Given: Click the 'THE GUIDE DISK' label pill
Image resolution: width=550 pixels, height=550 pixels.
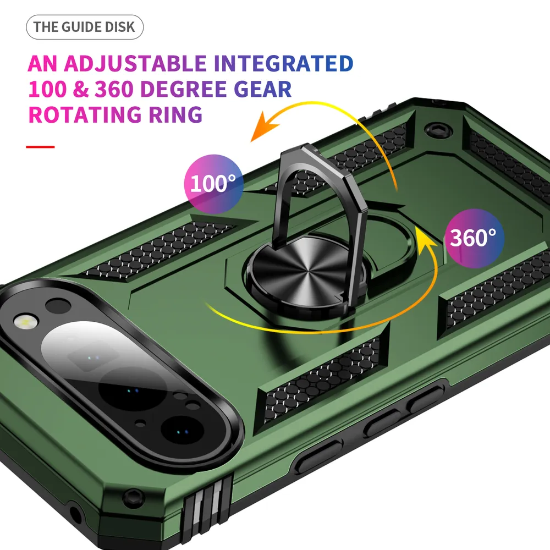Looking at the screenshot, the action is click(85, 27).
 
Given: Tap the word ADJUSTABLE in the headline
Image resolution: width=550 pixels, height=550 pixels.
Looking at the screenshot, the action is click(135, 63).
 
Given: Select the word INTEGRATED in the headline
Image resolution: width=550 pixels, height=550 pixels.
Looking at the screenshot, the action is click(283, 63).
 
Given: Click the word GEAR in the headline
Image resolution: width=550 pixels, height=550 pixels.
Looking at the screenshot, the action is click(262, 89).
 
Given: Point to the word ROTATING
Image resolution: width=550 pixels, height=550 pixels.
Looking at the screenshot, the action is click(85, 114).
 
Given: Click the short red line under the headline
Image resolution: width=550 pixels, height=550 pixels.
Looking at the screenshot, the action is click(40, 147).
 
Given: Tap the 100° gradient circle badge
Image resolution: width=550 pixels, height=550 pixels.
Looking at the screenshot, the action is click(213, 184).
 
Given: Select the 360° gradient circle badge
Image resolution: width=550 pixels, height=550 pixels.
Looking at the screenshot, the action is click(474, 238).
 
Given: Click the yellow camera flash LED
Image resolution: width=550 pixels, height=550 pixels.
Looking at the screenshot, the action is click(25, 320).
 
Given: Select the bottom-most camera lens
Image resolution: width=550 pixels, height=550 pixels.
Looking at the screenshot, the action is click(182, 431).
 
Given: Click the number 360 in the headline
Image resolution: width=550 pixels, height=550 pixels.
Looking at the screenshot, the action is click(114, 89).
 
